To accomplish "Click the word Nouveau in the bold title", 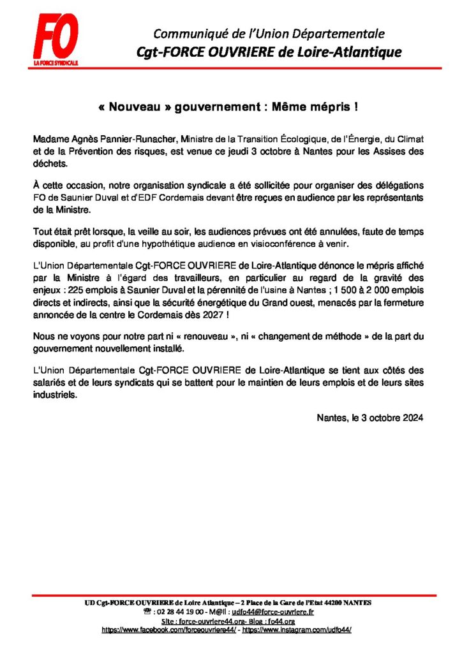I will point(136,107).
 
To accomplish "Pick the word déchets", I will point(48,163).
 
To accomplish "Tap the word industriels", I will point(53,394).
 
